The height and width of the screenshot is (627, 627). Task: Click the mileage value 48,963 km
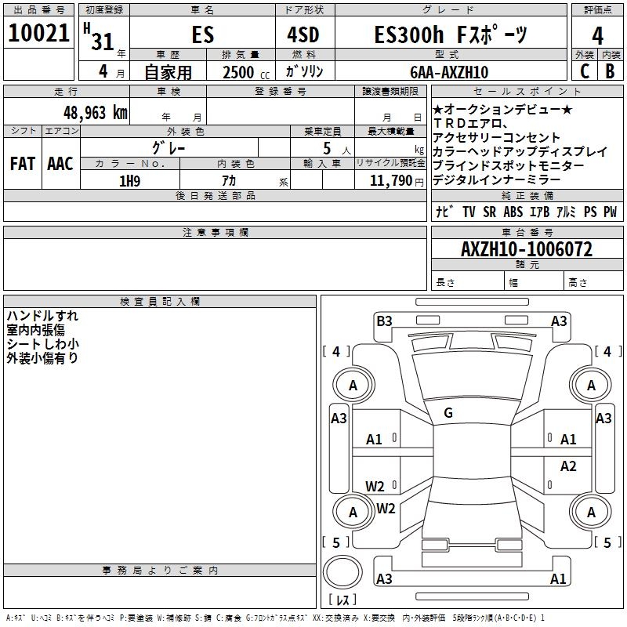(x=95, y=113)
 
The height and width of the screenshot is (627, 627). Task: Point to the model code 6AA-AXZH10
(x=449, y=72)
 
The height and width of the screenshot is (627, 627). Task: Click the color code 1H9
(x=130, y=181)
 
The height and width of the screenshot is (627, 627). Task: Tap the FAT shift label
(x=23, y=164)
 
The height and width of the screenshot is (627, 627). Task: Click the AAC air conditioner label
(x=60, y=164)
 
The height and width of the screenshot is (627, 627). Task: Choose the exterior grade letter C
(x=584, y=72)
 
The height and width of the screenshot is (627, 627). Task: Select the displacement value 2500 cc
(x=244, y=72)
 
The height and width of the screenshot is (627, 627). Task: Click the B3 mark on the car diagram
(x=384, y=321)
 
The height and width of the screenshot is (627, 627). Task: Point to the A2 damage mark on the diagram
(x=568, y=466)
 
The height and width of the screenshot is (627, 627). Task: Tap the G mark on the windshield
(x=448, y=413)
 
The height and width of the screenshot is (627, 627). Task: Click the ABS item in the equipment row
(x=513, y=212)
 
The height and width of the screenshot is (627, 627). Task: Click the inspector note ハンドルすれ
(x=42, y=316)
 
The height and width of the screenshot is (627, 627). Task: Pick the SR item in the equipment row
(x=490, y=212)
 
